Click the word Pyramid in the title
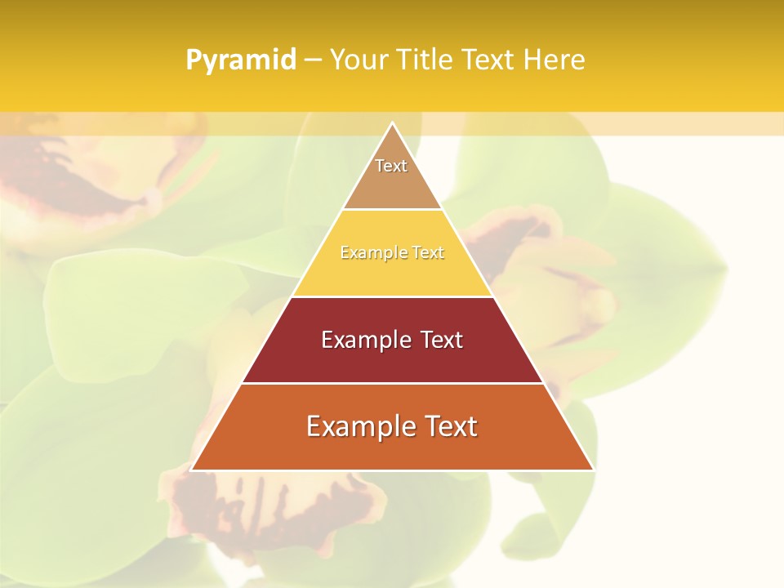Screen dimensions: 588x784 click(x=240, y=60)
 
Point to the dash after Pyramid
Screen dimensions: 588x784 click(x=312, y=60)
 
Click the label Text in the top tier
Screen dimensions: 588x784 click(x=391, y=166)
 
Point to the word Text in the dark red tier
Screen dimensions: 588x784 click(x=442, y=340)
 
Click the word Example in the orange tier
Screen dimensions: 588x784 click(x=359, y=426)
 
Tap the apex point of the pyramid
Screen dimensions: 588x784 click(x=392, y=123)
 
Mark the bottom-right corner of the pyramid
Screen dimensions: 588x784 click(x=593, y=470)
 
